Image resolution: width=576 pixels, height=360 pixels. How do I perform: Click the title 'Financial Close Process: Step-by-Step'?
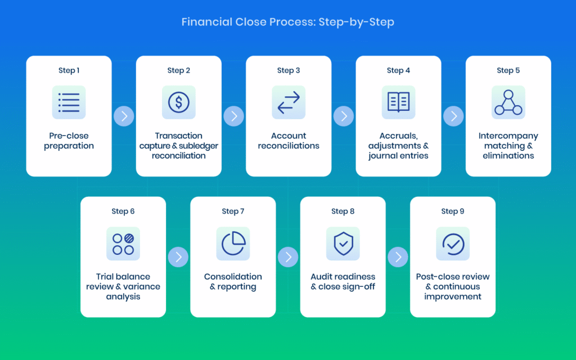click(x=287, y=22)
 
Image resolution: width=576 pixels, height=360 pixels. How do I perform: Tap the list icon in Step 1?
click(x=69, y=102)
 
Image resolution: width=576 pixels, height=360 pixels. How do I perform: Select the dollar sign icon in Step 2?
click(x=179, y=102)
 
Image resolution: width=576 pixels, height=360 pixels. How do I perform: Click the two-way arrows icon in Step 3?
click(x=289, y=102)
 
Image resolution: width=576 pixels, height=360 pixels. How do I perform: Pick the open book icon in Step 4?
click(x=398, y=102)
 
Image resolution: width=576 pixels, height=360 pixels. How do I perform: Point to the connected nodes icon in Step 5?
click(x=508, y=102)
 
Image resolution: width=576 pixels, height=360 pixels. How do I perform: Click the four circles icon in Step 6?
click(x=123, y=244)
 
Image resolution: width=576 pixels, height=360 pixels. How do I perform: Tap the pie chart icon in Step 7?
click(x=233, y=244)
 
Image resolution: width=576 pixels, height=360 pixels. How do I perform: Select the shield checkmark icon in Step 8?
click(x=343, y=244)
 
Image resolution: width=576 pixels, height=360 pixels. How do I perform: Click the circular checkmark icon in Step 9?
click(x=453, y=244)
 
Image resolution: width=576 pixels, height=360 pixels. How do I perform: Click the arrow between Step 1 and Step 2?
click(x=124, y=116)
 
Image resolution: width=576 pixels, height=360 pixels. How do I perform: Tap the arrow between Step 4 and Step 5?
click(x=453, y=116)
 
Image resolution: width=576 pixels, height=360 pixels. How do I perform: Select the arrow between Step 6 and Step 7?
click(x=178, y=257)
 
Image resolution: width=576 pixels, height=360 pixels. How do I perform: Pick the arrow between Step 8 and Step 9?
click(x=398, y=257)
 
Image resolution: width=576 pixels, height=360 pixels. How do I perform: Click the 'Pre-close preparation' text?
click(x=69, y=141)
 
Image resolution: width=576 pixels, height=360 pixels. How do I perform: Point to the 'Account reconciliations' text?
click(x=289, y=141)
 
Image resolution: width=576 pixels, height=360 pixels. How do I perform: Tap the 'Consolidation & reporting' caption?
click(x=233, y=281)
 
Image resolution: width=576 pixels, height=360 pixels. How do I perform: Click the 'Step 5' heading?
click(x=508, y=70)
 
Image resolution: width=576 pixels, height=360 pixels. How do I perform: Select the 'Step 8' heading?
click(x=343, y=211)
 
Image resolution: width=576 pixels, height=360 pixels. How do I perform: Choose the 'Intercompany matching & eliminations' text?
click(x=508, y=146)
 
